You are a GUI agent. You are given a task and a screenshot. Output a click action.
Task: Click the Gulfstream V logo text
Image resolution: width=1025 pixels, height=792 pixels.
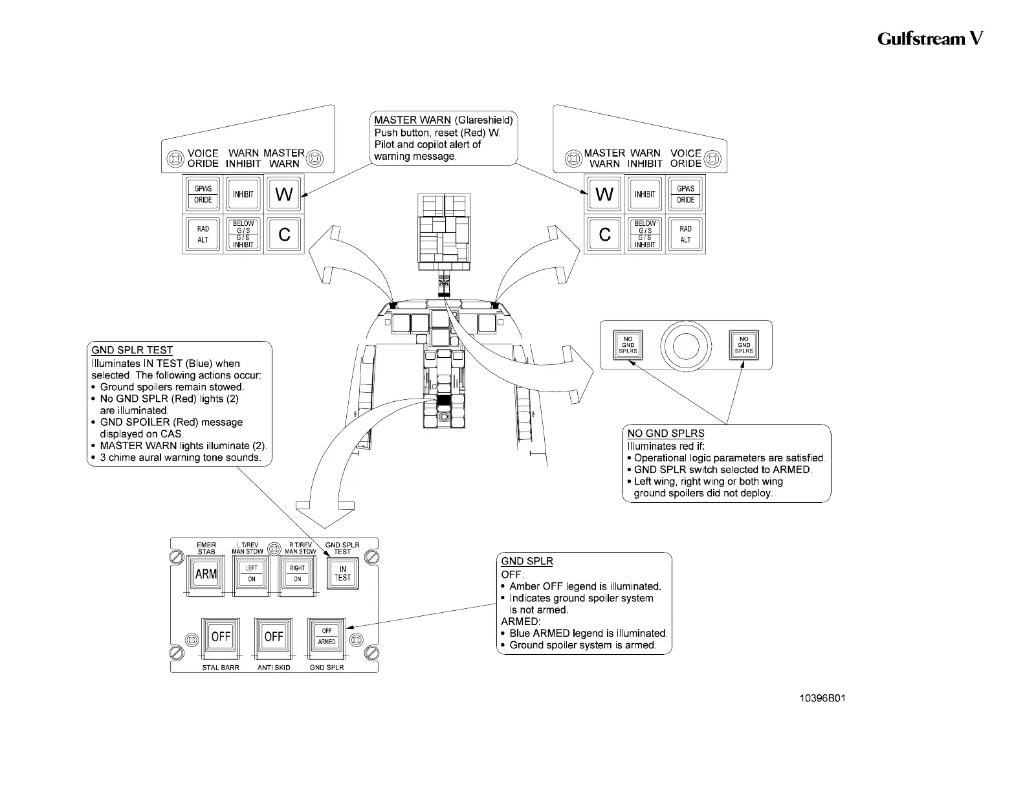(930, 39)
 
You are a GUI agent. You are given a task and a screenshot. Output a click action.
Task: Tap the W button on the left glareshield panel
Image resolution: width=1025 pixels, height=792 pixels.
(284, 194)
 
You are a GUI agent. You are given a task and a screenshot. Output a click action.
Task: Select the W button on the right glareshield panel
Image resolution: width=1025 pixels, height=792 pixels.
(604, 194)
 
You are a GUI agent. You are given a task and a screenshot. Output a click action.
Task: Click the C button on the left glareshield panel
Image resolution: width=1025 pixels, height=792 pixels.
(284, 234)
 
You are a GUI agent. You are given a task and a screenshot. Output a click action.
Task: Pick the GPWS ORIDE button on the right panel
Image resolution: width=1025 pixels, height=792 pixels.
(685, 194)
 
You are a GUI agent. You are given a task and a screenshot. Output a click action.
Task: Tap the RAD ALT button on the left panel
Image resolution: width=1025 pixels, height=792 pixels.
(203, 234)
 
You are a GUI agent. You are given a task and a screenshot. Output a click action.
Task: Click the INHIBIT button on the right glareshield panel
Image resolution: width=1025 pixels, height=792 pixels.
(645, 194)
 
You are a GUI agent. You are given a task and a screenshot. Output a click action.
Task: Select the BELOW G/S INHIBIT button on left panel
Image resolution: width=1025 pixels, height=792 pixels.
(243, 234)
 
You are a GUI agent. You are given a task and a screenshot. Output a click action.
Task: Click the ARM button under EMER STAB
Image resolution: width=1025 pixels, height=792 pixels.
(206, 574)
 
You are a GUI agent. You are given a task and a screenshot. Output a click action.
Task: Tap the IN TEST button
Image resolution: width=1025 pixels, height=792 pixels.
(342, 573)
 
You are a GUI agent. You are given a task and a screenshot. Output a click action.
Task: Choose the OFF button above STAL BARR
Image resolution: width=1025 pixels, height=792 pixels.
(221, 637)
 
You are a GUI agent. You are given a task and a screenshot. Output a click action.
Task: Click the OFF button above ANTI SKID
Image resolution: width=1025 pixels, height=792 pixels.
(274, 637)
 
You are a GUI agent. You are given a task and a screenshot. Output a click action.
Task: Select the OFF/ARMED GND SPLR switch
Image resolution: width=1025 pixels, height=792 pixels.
(327, 636)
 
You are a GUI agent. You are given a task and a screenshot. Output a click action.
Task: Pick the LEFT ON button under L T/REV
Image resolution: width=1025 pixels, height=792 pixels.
(251, 574)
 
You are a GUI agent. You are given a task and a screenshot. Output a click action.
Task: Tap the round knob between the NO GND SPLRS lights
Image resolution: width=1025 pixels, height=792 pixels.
(685, 346)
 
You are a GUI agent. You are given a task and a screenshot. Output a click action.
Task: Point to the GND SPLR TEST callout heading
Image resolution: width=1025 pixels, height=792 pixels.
(132, 350)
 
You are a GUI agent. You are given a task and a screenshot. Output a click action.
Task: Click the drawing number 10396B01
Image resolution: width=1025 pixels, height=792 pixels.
(822, 698)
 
